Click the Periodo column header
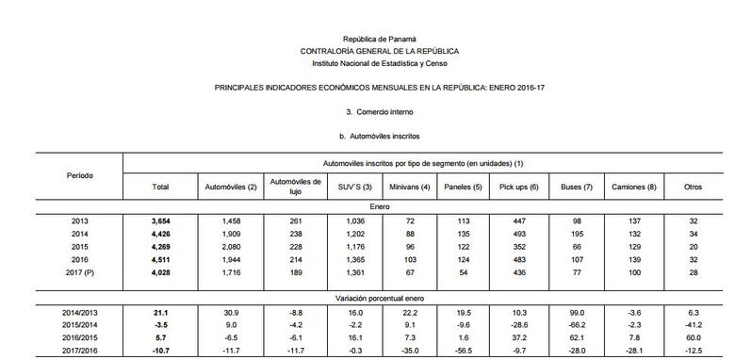(80, 175)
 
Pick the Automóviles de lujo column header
(296, 186)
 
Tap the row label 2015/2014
(80, 323)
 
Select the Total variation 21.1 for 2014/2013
(160, 310)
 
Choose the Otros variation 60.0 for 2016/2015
(693, 336)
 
